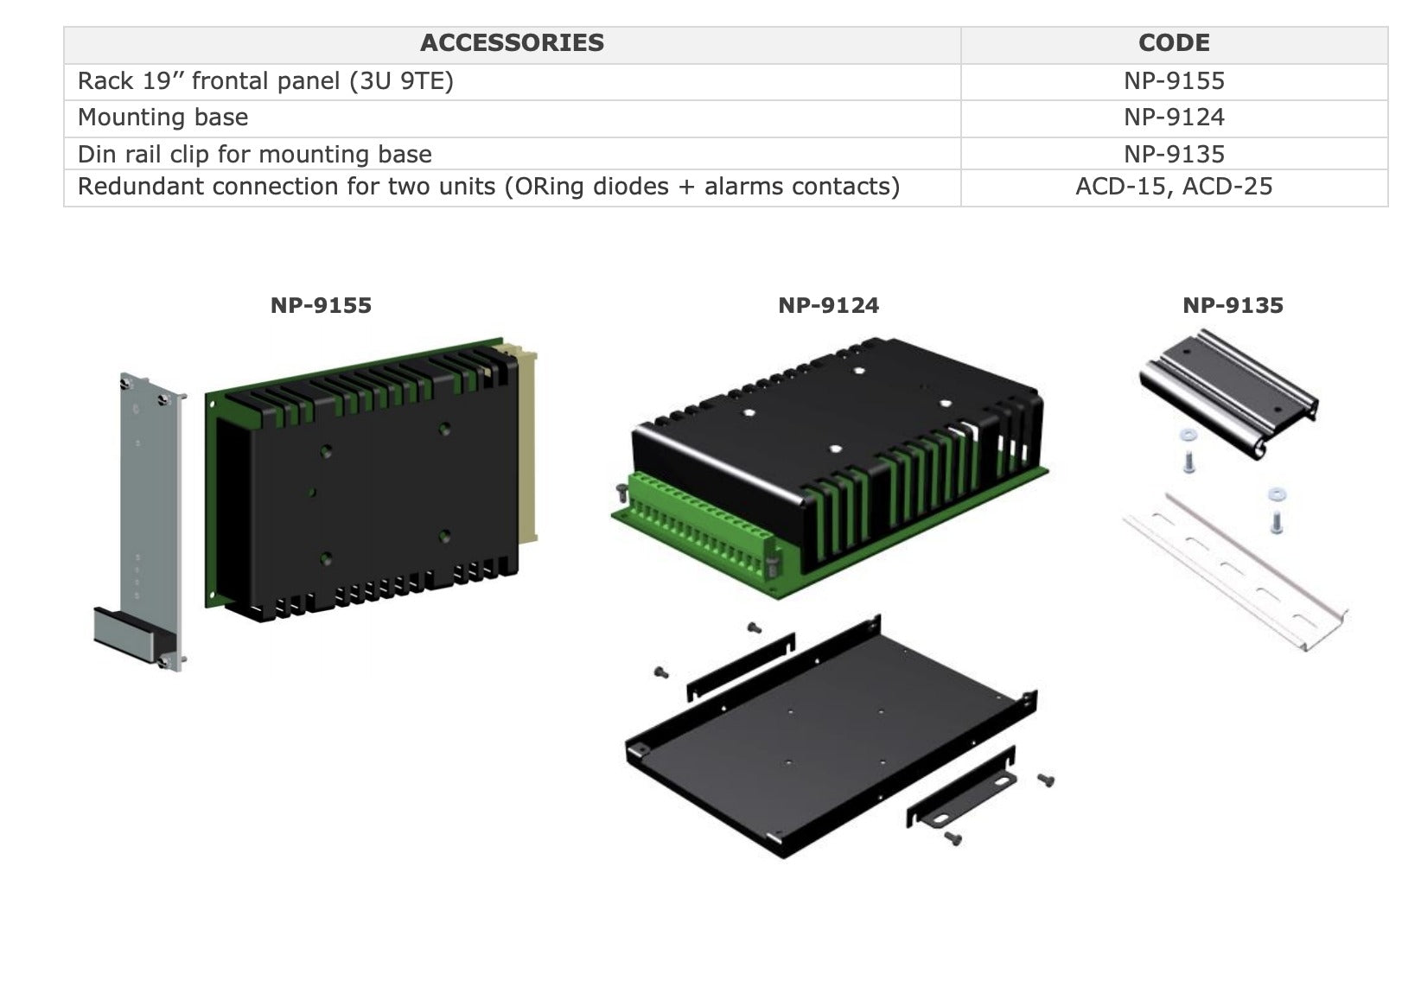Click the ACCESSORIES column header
pos(512,43)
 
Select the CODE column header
pos(1174,43)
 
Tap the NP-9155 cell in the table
pos(1174,81)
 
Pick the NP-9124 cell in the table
pos(1174,118)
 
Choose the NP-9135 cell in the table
pos(1174,155)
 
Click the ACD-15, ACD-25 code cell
pos(1174,187)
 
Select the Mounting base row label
pos(163,118)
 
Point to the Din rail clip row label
pos(255,155)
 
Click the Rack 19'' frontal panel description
pos(265,81)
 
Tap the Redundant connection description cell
pos(488,187)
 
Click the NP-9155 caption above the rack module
pos(321,305)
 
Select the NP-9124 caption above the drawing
pos(828,305)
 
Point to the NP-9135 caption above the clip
pos(1233,305)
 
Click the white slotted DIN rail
pos(1236,570)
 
